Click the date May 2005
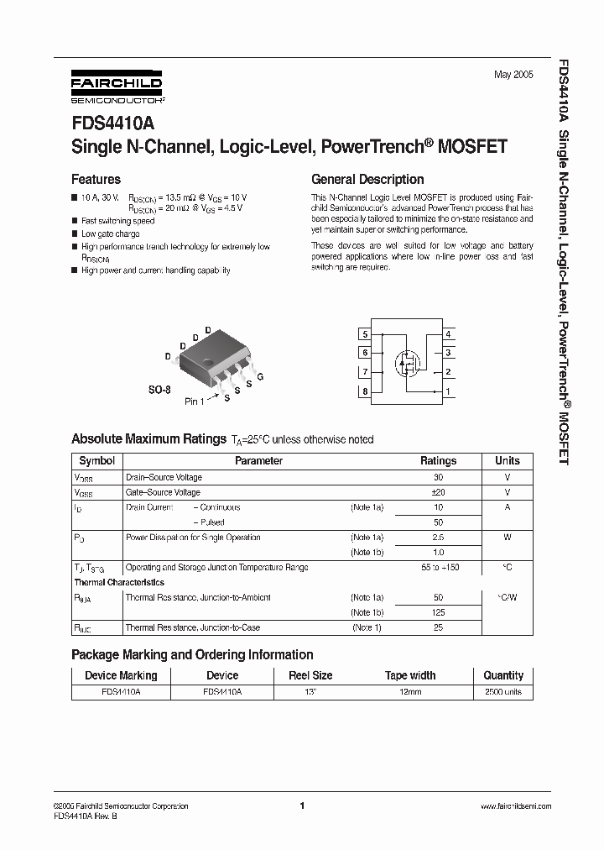513,75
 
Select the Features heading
96,179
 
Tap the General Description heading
367,179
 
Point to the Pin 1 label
194,401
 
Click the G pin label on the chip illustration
260,377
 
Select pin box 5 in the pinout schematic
365,334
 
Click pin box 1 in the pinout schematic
448,391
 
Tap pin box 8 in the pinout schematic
365,391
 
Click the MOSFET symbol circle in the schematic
409,363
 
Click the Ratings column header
438,461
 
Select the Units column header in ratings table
508,461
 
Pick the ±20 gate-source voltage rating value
438,492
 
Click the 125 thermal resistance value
438,613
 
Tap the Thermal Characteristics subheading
119,582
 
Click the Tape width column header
410,675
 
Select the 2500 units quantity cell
503,692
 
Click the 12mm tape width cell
410,692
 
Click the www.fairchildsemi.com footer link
515,806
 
